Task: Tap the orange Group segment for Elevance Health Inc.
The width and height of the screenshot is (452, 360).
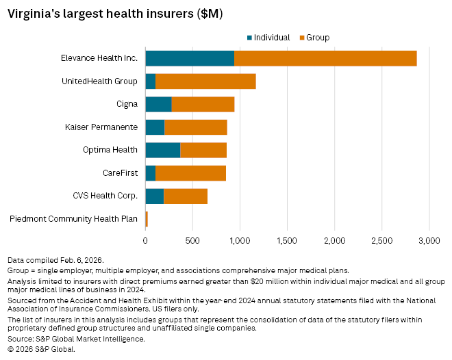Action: [x=325, y=58]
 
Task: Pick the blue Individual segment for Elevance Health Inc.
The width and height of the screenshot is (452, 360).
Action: [x=190, y=58]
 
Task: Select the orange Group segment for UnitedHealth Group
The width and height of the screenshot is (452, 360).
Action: [x=205, y=81]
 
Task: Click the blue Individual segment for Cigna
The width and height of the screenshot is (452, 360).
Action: [x=158, y=104]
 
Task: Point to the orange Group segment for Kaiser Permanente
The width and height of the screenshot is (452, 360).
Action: [x=196, y=127]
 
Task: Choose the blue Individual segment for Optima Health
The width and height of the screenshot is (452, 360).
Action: [x=163, y=150]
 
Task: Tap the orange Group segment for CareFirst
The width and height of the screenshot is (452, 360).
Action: [x=190, y=173]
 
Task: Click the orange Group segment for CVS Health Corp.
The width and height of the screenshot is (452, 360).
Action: [x=186, y=196]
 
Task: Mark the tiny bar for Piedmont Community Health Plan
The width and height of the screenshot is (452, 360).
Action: [x=147, y=219]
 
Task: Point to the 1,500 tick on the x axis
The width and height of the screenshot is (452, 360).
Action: [x=287, y=241]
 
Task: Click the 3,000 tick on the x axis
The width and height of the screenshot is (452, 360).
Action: [x=429, y=241]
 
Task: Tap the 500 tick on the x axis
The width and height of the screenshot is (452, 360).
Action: [x=192, y=241]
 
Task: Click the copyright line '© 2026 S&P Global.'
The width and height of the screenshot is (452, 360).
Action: [x=41, y=349]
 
